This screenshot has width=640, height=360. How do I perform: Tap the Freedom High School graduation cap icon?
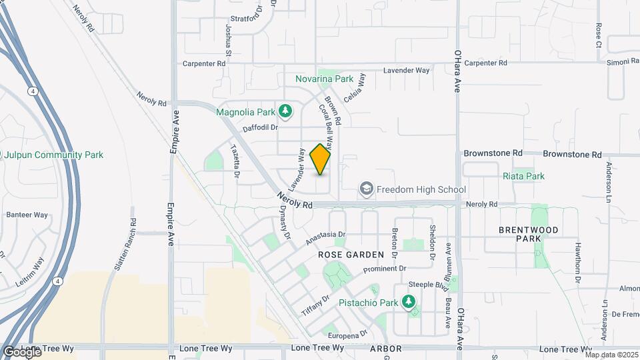(366, 189)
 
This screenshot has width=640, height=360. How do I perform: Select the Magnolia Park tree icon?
(286, 111)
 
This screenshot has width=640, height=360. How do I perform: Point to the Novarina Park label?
(324, 79)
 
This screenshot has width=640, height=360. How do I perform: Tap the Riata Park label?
(523, 176)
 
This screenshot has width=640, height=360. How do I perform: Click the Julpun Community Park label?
(53, 155)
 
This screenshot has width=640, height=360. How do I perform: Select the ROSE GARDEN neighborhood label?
(351, 255)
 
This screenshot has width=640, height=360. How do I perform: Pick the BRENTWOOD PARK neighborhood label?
(529, 234)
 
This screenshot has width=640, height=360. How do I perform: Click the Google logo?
(21, 351)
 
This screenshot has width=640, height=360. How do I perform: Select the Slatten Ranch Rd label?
(125, 244)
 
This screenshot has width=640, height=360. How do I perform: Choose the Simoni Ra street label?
(623, 62)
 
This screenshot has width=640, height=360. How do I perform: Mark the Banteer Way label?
(27, 215)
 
